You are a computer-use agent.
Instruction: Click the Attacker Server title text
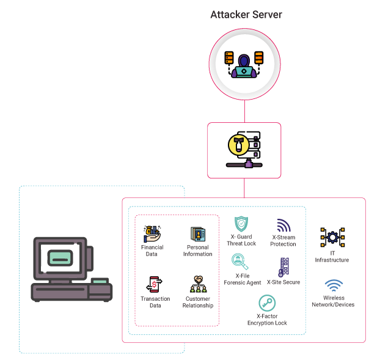tap(246, 14)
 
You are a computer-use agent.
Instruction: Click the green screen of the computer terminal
tap(60, 259)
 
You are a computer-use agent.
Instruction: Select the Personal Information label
tap(197, 251)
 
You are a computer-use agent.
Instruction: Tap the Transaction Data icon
tap(154, 285)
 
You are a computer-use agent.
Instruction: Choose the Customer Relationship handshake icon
tap(198, 279)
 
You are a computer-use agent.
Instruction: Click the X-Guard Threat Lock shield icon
tap(241, 224)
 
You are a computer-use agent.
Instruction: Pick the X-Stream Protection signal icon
tap(283, 226)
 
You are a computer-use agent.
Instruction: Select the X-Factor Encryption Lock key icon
tap(267, 303)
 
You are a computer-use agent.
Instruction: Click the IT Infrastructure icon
tap(332, 237)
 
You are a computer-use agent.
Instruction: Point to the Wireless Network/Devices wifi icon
tap(333, 286)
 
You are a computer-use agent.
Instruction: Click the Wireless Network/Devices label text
tap(333, 301)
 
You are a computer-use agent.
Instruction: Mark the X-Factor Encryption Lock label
tap(267, 320)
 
